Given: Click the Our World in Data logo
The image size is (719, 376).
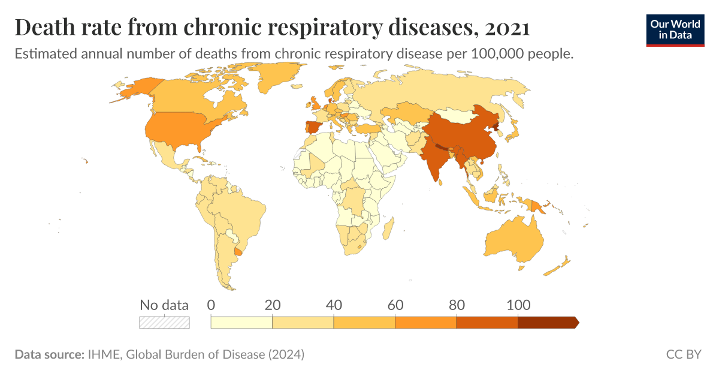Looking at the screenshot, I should pos(675,30).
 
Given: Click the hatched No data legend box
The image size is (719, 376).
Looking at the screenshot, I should pos(164,322).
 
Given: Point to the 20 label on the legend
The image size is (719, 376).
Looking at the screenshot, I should pos(273,305).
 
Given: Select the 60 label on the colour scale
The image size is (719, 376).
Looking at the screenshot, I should pos(395,305).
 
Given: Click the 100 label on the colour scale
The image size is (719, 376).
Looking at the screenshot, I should pos(518,305).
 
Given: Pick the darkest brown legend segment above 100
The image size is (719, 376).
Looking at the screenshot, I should pos(547,323).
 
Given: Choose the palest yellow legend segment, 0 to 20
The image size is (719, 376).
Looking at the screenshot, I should pos(242,323).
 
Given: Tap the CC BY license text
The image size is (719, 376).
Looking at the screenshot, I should pos(683,354).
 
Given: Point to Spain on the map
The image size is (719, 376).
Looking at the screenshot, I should pos(313,127).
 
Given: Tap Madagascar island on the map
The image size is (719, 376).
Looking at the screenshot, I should pos(388,228).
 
